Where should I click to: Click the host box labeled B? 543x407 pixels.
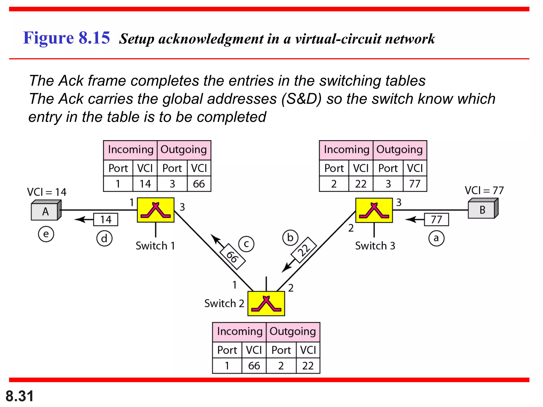click(482, 210)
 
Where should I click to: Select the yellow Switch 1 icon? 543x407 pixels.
click(156, 210)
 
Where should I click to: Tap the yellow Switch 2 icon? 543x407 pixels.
click(266, 304)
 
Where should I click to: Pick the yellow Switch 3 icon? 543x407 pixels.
click(374, 210)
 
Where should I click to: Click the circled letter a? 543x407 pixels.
click(436, 238)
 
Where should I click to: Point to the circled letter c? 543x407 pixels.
click(246, 244)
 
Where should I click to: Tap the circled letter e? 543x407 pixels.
click(46, 234)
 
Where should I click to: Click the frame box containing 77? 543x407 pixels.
click(436, 220)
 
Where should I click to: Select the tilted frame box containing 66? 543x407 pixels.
click(233, 257)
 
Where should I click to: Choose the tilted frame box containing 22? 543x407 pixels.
click(304, 250)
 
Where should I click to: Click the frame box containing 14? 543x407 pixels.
click(106, 220)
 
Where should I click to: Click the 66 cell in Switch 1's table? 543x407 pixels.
click(199, 184)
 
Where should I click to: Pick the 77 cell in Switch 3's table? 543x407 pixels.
click(415, 184)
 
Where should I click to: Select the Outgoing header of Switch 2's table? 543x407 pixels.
click(293, 332)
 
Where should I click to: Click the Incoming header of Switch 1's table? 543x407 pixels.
click(130, 150)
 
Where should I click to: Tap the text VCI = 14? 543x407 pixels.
click(47, 192)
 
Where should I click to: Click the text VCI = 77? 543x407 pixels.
click(484, 191)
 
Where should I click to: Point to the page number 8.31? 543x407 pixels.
click(20, 396)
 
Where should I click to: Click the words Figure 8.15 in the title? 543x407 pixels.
click(66, 38)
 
